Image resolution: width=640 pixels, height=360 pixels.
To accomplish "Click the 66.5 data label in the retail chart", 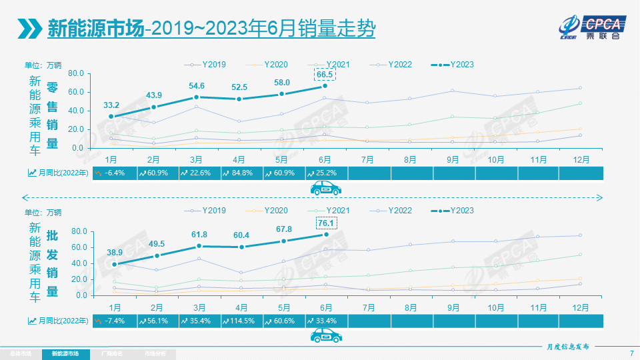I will (325, 74).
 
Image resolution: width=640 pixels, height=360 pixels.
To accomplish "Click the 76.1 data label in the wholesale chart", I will (326, 223).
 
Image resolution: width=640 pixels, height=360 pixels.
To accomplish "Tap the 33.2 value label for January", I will (111, 105).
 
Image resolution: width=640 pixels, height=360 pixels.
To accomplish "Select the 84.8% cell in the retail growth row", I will (239, 173).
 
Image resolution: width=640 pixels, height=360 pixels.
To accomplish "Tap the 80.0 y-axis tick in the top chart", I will (75, 73).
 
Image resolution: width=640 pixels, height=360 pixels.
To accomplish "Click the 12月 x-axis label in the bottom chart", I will (580, 307).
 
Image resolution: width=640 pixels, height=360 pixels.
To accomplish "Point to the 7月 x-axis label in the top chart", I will (367, 160).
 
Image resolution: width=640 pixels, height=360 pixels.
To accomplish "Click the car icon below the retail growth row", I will (326, 189).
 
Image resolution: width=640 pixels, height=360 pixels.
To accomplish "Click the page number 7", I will (631, 353).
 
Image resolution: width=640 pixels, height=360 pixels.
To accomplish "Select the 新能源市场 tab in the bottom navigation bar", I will (65, 353).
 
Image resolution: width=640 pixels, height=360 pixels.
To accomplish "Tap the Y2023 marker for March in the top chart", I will (197, 97).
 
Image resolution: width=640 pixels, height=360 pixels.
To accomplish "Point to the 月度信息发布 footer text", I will (564, 347).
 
